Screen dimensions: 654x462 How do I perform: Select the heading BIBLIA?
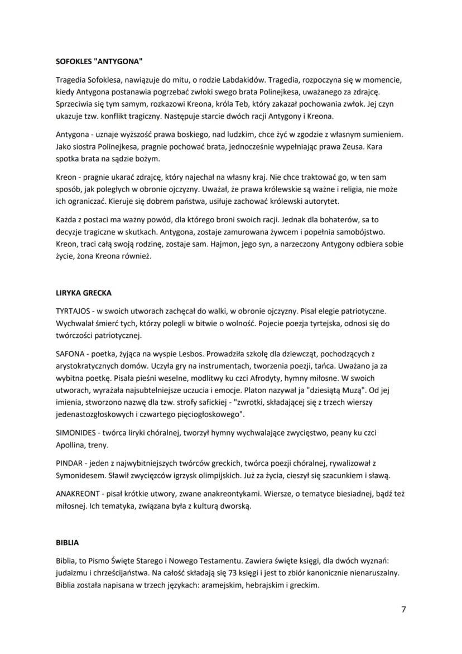click(67, 542)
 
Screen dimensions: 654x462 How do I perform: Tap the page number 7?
click(403, 609)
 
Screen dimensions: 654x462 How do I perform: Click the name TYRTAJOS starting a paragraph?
click(74, 310)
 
